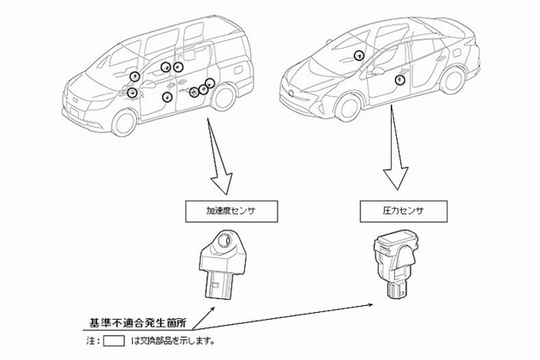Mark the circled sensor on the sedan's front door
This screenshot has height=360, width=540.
point(400,79)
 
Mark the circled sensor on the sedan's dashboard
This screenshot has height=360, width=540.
point(358,55)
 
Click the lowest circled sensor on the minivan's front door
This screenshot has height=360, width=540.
point(167,97)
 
